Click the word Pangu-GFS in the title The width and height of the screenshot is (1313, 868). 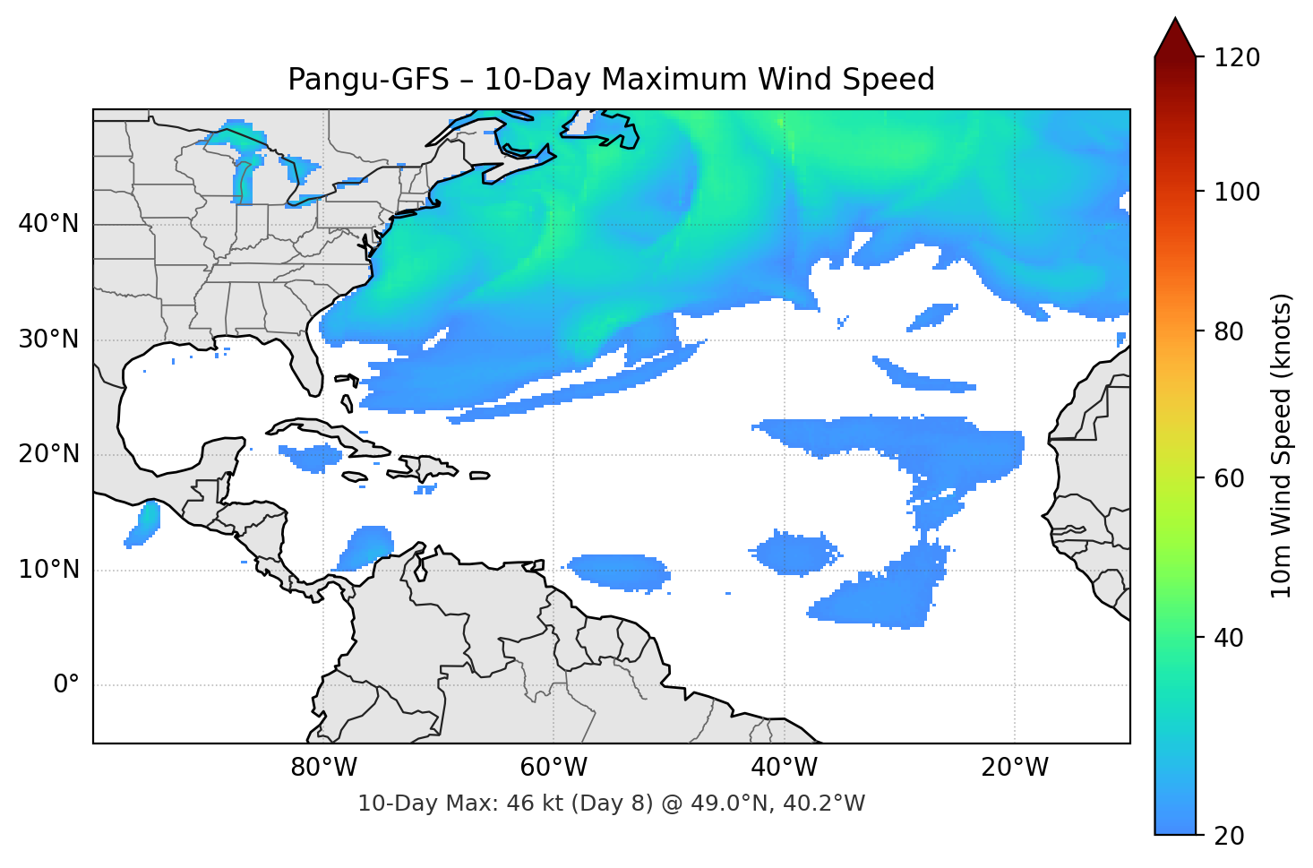tap(368, 80)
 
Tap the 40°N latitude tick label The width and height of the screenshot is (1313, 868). tap(48, 224)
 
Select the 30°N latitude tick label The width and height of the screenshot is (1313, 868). tap(48, 339)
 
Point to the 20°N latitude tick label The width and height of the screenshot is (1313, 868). tap(48, 454)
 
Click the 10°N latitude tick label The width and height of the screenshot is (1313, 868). tap(48, 570)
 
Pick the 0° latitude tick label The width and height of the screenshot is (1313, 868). tap(66, 685)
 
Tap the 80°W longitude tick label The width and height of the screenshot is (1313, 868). tap(324, 768)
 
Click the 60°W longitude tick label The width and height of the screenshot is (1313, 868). tap(554, 768)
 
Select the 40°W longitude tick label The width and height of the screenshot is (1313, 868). tap(785, 768)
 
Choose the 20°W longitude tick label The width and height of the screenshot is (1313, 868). tap(1015, 768)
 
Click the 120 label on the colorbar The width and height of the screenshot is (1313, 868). tap(1238, 57)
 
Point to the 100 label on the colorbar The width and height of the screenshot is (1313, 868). tap(1238, 192)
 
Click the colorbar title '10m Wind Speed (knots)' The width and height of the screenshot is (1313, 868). tap(1282, 445)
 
